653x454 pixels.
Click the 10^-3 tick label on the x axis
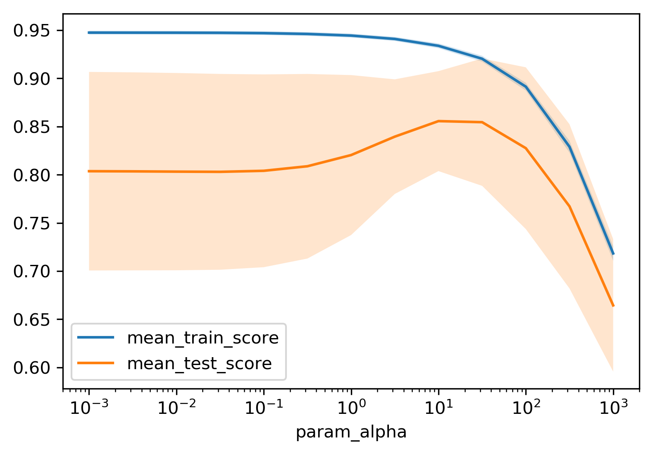(88, 407)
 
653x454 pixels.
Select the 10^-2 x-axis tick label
(176, 407)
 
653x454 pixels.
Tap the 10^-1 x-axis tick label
(263, 407)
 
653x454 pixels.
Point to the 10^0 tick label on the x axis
(351, 407)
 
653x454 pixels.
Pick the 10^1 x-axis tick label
(439, 407)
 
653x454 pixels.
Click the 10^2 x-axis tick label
(526, 407)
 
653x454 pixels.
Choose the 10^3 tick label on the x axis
(613, 407)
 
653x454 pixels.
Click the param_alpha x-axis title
(351, 432)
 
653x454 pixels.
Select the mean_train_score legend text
(203, 338)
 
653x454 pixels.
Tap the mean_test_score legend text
(199, 363)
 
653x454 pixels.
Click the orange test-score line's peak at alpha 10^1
(439, 121)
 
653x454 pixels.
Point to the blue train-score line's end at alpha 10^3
(613, 254)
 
